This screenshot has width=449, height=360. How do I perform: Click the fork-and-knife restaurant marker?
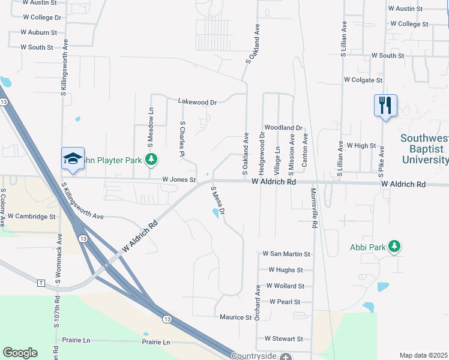[x=385, y=106]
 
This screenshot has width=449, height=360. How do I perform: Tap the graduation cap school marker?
[x=73, y=159]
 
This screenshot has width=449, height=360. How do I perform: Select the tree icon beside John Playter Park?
[x=152, y=160]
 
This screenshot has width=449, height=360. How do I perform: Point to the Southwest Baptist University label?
[x=424, y=149]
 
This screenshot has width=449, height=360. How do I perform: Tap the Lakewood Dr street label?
[x=197, y=102]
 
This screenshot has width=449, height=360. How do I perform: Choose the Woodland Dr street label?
[x=283, y=128]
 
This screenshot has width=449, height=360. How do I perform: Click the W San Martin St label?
[x=286, y=254]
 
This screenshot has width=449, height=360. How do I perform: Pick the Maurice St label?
[x=235, y=317]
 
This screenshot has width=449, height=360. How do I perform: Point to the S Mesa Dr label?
[x=217, y=201]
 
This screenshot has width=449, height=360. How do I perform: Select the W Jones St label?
[x=179, y=179]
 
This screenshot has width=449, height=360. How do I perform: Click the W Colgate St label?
[x=363, y=80]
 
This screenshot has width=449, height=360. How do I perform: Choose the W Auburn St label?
[x=38, y=32]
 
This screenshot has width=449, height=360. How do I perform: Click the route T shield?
[x=41, y=283]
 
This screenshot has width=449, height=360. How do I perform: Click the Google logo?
[x=20, y=353]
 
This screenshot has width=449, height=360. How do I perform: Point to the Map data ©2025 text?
[x=423, y=355]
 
